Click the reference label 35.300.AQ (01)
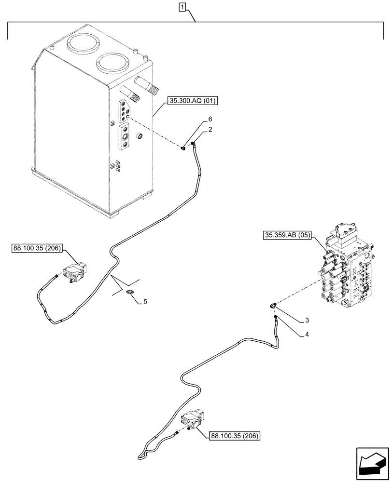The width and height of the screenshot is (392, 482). [193, 101]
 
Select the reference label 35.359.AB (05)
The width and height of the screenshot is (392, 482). [288, 236]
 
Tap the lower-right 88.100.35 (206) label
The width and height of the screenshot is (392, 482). [235, 436]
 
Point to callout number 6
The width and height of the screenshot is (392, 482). [210, 119]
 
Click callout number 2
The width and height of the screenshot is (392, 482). [210, 130]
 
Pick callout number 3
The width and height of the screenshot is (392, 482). [307, 320]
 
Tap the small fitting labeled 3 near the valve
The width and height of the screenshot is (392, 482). [273, 304]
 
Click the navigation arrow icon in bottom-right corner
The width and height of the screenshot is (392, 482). [372, 467]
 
